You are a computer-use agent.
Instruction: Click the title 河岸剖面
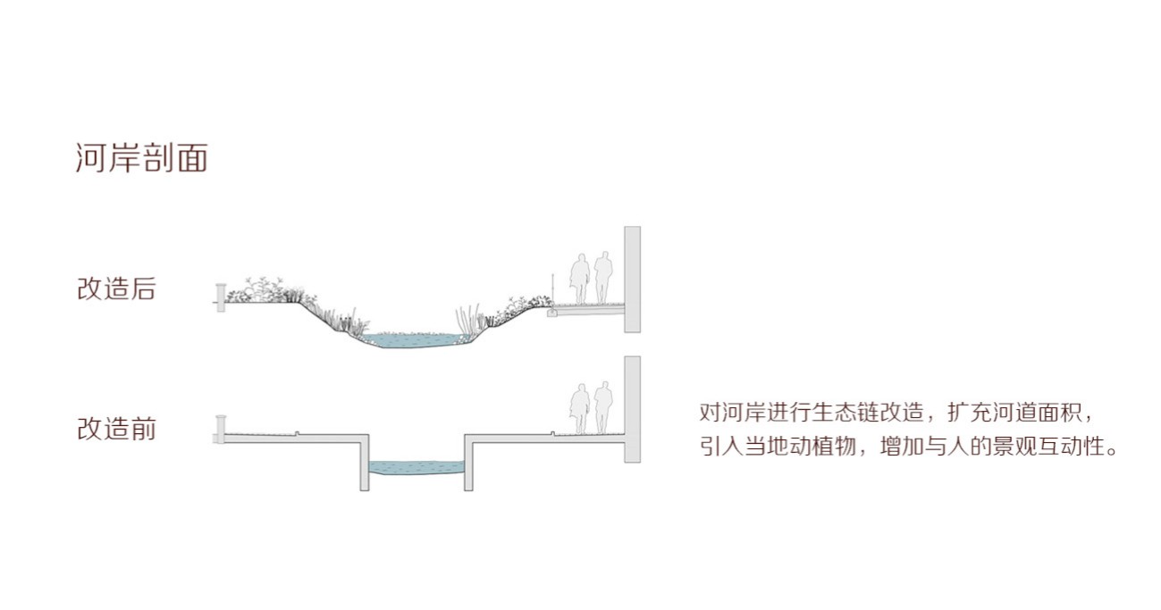[x=142, y=158]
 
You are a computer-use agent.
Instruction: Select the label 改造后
[x=116, y=289]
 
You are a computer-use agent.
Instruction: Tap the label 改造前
[x=116, y=429]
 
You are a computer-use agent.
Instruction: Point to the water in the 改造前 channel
[x=416, y=467]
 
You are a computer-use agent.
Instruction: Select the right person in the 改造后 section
[x=603, y=277]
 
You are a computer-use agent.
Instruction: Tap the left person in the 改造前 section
[x=581, y=409]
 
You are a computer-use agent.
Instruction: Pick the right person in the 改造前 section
[x=603, y=407]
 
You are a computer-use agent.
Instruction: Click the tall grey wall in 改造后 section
[x=632, y=279]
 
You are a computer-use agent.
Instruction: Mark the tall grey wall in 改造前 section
[x=632, y=409]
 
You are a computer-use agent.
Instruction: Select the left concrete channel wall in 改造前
[x=364, y=464]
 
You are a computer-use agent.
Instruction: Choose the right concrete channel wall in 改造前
[x=467, y=464]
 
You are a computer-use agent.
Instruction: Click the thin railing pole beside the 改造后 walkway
[x=553, y=288]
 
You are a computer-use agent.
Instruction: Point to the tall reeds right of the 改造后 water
[x=466, y=319]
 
